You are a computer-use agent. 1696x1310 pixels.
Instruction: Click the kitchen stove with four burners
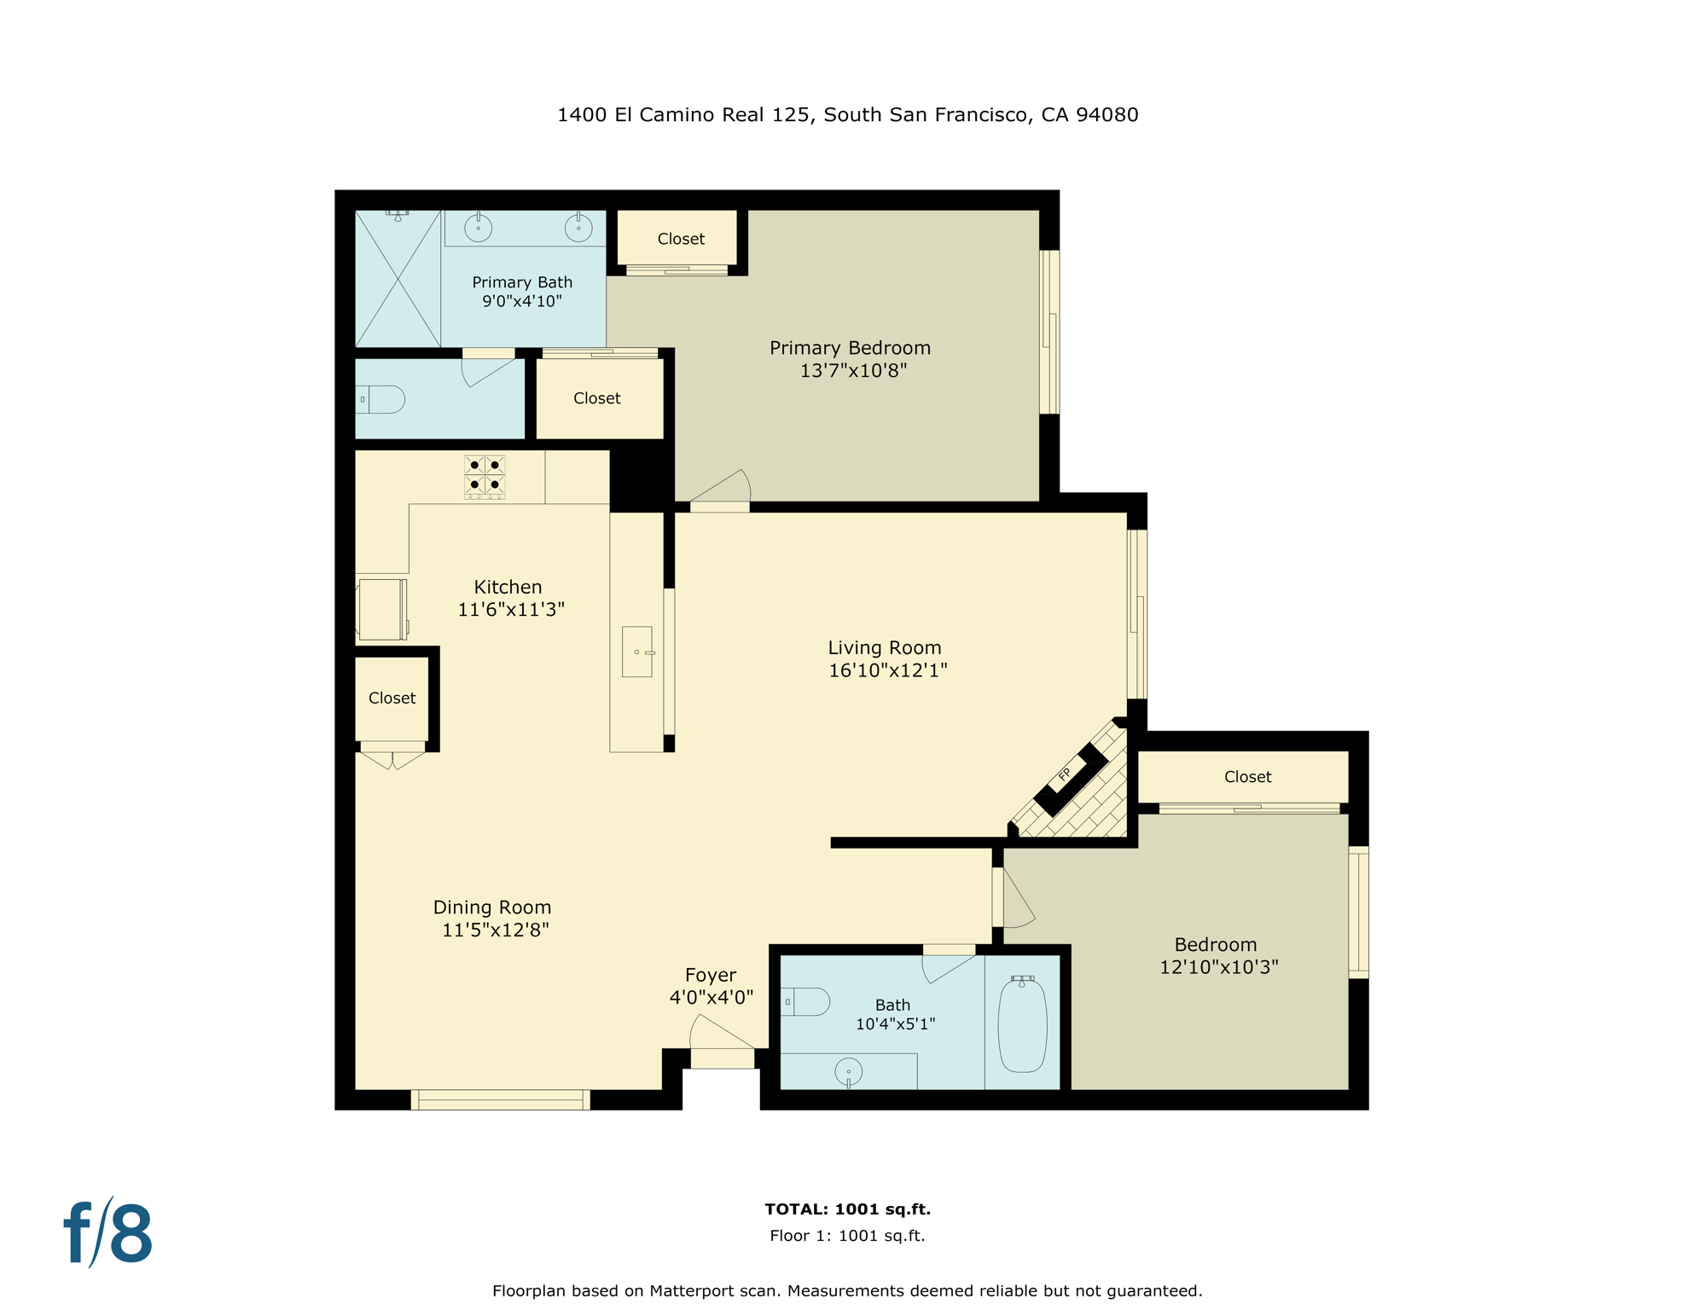pos(485,476)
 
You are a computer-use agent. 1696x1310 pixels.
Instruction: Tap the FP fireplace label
pos(1065,774)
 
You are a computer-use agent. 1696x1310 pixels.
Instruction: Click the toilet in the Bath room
pos(807,1001)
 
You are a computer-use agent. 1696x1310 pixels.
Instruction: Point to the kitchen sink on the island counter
pos(637,652)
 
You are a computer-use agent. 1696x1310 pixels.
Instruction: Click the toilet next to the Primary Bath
pos(381,399)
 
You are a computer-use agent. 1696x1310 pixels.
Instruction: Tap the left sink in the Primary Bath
pos(478,228)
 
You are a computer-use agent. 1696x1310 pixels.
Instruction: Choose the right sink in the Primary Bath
pos(578,228)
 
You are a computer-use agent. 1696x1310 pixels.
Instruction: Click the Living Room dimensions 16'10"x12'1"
pos(887,670)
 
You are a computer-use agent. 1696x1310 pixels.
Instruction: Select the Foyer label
pos(710,975)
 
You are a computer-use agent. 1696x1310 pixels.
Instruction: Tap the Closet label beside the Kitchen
pos(392,698)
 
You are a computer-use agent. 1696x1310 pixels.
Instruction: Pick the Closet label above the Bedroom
pos(1247,777)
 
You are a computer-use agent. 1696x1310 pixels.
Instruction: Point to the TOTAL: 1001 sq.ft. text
pos(847,1209)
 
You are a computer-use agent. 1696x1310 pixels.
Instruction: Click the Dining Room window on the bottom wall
pos(501,1100)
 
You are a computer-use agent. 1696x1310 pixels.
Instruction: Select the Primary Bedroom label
pos(850,348)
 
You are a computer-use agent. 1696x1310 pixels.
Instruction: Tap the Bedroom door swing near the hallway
pos(1017,900)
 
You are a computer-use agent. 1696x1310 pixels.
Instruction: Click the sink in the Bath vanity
pos(848,1072)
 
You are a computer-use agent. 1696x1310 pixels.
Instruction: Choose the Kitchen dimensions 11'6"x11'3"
pos(511,609)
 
